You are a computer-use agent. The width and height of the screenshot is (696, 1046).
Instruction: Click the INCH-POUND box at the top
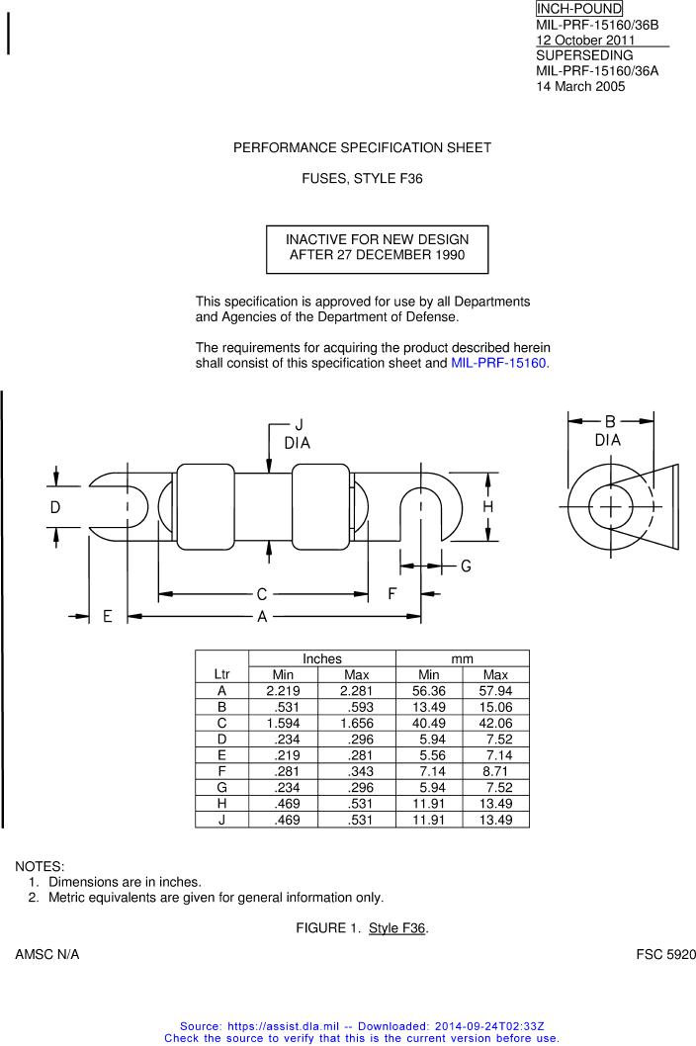coord(578,9)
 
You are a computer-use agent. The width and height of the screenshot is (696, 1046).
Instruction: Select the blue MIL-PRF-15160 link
coord(498,364)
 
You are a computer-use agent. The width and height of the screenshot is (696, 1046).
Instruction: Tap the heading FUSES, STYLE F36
coord(363,179)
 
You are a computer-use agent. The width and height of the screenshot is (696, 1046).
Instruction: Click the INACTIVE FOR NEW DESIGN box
coord(377,249)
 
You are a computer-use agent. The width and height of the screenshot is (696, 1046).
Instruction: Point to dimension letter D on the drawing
coord(55,507)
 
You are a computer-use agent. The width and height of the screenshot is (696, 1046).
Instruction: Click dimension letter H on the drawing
coord(487,507)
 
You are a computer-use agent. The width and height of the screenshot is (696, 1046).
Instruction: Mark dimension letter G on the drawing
coord(466,567)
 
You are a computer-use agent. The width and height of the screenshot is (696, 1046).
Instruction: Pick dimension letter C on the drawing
coord(262,594)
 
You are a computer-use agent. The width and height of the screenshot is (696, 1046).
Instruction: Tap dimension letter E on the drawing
coord(108,616)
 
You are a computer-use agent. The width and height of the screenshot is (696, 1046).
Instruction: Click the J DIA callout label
coord(297,434)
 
